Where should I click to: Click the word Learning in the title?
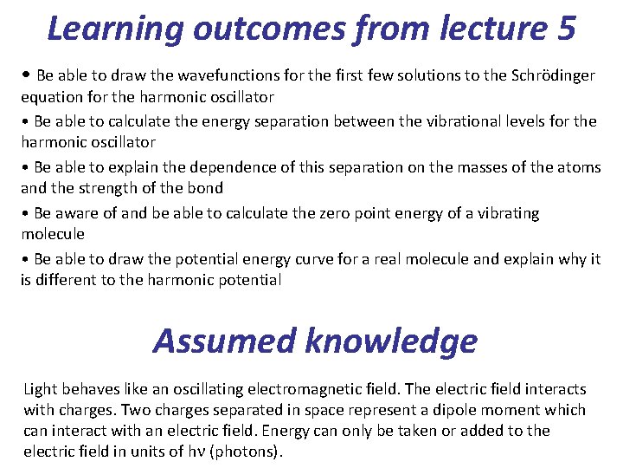[x=114, y=29]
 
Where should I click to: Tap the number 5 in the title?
[x=566, y=29]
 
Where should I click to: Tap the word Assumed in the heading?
[x=225, y=341]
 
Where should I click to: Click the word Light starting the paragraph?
[x=41, y=389]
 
